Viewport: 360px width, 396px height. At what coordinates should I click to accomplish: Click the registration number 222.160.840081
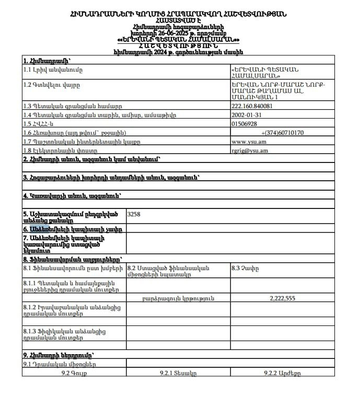pos(251,106)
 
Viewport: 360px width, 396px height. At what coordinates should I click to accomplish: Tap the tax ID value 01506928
pos(244,124)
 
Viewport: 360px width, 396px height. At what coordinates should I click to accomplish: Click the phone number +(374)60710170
pos(283,133)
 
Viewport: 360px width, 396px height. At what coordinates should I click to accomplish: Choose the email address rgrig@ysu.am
pos(250,150)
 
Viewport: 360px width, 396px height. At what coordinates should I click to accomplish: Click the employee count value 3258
pos(134,214)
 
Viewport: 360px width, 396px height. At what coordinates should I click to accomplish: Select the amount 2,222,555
pos(283,298)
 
